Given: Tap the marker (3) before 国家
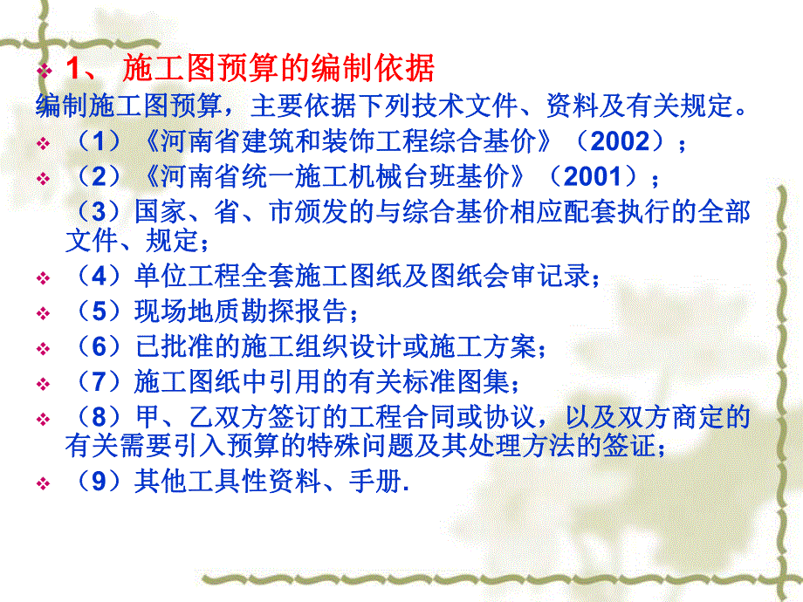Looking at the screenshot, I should (98, 211).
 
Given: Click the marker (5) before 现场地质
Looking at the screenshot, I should (98, 312).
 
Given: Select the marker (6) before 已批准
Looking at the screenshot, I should (98, 347).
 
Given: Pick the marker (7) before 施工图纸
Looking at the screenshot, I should (98, 381).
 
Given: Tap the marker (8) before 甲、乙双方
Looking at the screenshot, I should (98, 417).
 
